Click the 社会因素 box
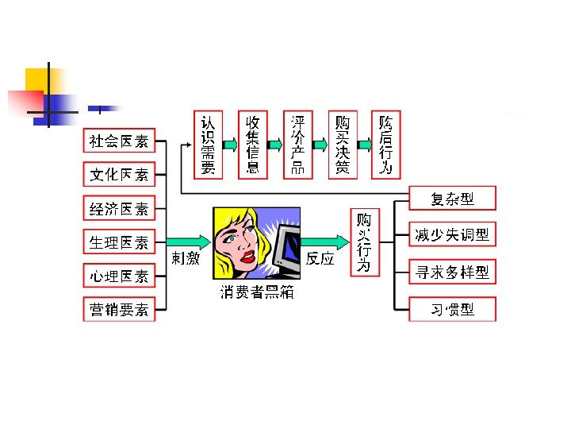tap(119, 141)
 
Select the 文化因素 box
tap(119, 174)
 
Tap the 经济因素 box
tap(119, 209)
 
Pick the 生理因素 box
tap(119, 242)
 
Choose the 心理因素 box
tap(119, 276)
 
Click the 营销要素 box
tap(119, 309)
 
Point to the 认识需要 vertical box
tap(208, 145)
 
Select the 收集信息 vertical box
tap(253, 145)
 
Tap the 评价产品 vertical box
tap(298, 145)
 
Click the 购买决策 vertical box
tap(343, 145)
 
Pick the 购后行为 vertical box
tap(387, 145)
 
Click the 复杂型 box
tap(452, 198)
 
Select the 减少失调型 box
tap(452, 234)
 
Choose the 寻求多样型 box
tap(452, 272)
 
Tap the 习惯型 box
tap(452, 309)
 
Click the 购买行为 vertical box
tap(364, 242)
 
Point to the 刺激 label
tap(186, 258)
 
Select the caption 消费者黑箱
tap(256, 292)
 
